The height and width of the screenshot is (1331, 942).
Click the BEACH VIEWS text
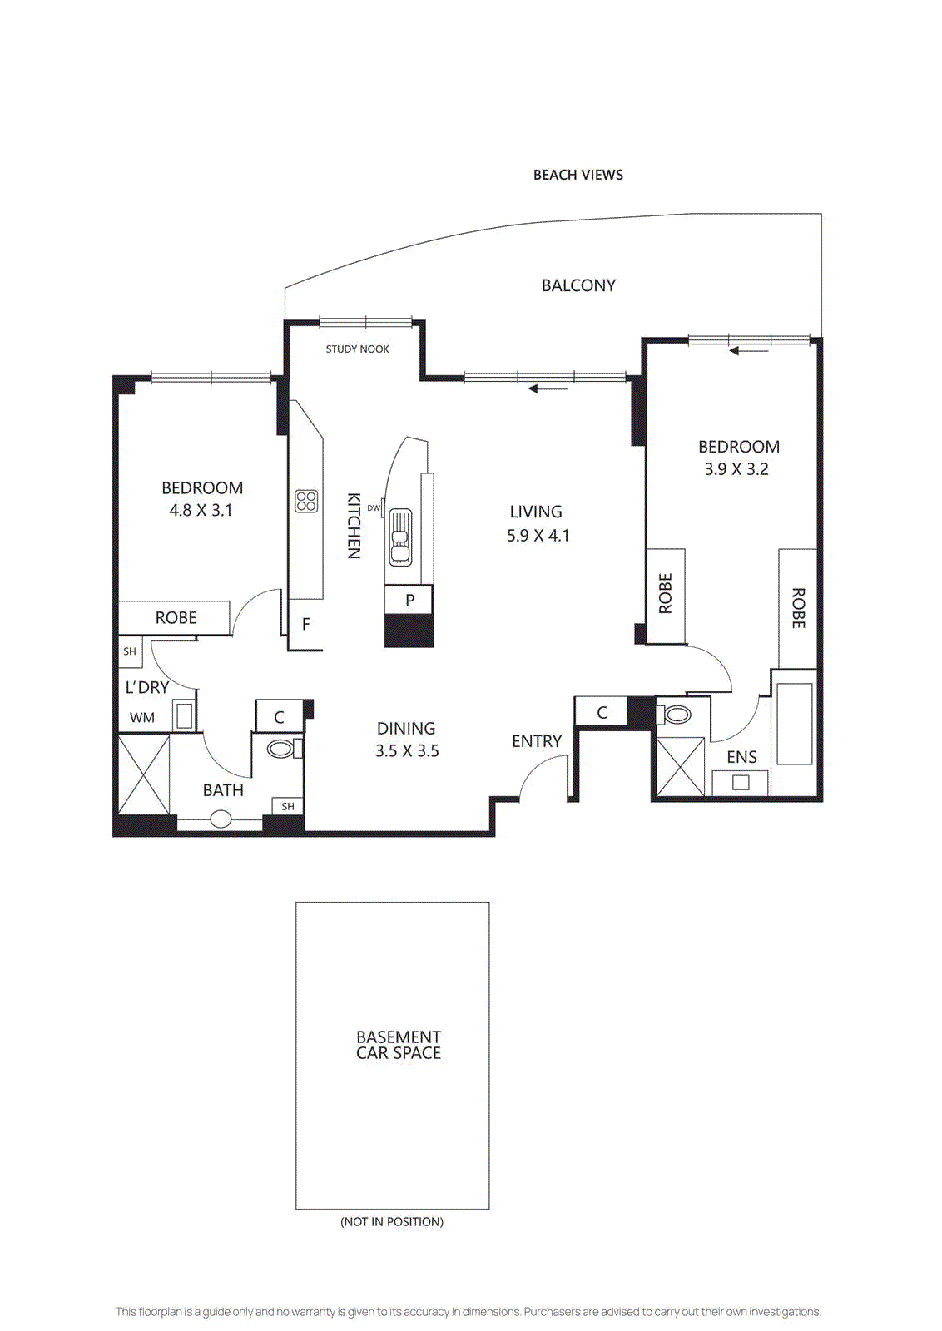point(578,175)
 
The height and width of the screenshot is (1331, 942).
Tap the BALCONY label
point(578,285)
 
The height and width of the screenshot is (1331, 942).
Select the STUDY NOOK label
point(357,349)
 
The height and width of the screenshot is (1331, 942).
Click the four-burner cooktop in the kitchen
point(306,501)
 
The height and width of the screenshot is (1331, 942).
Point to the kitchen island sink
point(401,537)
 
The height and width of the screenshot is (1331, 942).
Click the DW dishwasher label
point(374,508)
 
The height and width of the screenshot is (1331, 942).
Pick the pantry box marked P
point(409,600)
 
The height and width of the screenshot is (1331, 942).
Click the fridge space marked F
point(305,624)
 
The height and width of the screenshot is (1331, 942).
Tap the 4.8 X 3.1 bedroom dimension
point(201,511)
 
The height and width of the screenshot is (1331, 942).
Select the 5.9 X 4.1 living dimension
point(538,536)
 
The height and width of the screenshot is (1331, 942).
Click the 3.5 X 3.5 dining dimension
point(407,751)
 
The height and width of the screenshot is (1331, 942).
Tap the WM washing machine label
point(142,718)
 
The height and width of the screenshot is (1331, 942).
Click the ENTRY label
point(536,741)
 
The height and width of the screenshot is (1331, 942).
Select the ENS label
point(741,757)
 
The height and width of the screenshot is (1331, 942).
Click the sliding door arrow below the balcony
point(548,388)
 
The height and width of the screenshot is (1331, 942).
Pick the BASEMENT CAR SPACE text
point(399,1045)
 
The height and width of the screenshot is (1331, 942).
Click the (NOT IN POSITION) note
point(392,1221)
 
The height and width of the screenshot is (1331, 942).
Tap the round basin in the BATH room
point(221,819)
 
